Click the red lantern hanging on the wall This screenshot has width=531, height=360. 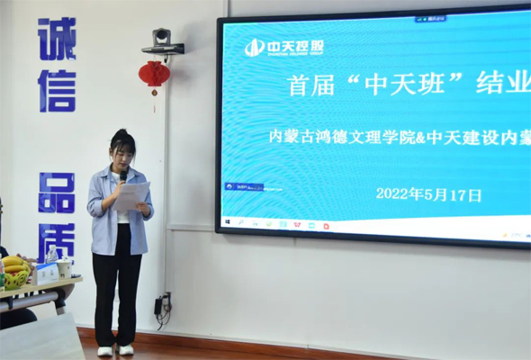(x=154, y=75)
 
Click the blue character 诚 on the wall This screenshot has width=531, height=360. (x=57, y=39)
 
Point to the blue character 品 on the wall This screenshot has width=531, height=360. (x=57, y=193)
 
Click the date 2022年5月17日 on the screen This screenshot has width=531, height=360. (x=428, y=193)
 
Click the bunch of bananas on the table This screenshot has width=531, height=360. (x=13, y=263)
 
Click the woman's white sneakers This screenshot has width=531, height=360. (x=115, y=349)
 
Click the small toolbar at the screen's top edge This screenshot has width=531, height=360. (x=432, y=18)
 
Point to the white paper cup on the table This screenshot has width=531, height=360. (x=64, y=267)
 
